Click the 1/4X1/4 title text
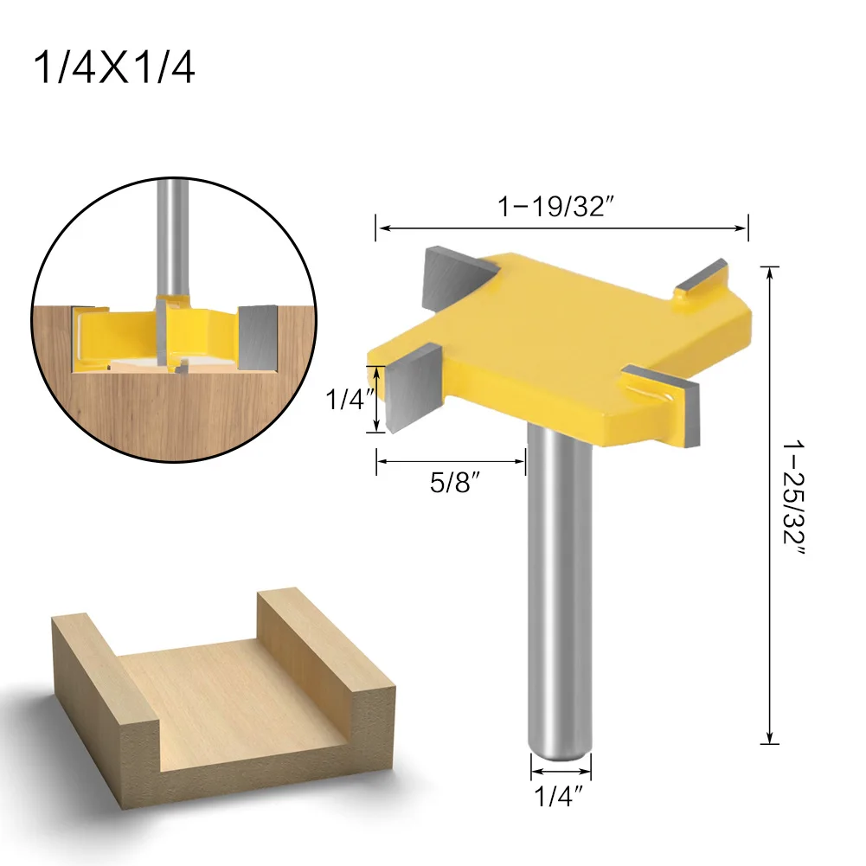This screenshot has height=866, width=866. click(113, 68)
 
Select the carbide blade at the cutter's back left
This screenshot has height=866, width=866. click(448, 274)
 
